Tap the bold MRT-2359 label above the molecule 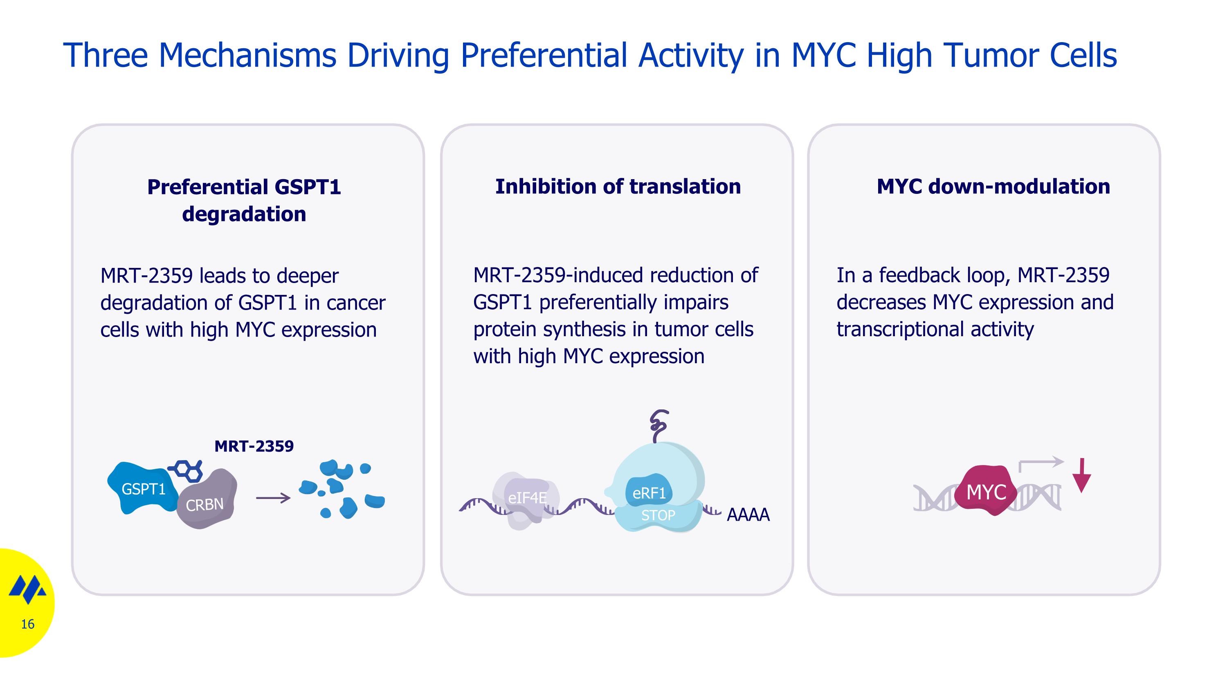pyautogui.click(x=254, y=446)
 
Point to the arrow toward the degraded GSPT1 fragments pyautogui.click(x=273, y=498)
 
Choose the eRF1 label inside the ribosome pyautogui.click(x=649, y=493)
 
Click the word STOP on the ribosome pyautogui.click(x=658, y=515)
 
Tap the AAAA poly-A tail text pyautogui.click(x=748, y=515)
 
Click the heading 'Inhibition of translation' pyautogui.click(x=618, y=186)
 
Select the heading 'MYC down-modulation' pyautogui.click(x=993, y=186)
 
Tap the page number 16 pyautogui.click(x=28, y=624)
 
